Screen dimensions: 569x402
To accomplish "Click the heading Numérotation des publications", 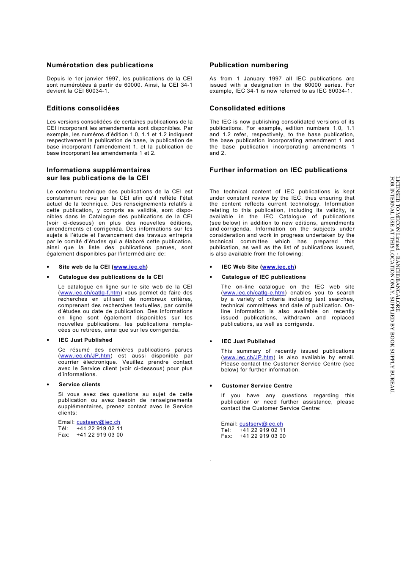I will (100, 65).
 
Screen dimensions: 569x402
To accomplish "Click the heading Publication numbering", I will (249, 65).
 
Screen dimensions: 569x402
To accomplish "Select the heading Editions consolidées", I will (83, 108).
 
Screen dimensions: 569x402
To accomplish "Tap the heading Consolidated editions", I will (248, 108).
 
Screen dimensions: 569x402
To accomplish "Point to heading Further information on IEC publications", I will (278, 170).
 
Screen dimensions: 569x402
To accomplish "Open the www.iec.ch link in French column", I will (130, 267).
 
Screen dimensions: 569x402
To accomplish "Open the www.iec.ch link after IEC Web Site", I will (278, 267).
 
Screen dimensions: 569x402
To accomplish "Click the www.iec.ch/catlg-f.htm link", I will (90, 293).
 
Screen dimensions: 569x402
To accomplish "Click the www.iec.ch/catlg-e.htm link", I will (254, 293).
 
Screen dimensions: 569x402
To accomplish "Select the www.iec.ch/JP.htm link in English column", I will (248, 357).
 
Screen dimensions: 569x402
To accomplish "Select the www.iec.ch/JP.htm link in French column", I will (85, 356).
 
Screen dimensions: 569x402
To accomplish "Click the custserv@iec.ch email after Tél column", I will (98, 422).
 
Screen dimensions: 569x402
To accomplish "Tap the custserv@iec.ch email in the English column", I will (261, 424).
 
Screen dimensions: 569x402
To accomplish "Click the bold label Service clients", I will (80, 385).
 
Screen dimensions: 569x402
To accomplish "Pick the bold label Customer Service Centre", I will (257, 386).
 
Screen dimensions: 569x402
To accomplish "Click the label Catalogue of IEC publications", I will (264, 277).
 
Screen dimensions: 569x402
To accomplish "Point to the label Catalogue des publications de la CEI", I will (111, 277).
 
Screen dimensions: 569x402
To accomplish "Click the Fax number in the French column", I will (99, 435).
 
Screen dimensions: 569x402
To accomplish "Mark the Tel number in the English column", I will (262, 430).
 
